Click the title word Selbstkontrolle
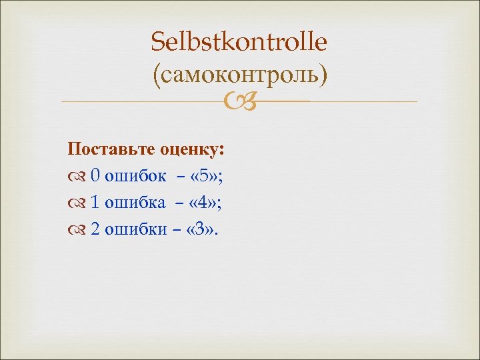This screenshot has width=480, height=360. (239, 43)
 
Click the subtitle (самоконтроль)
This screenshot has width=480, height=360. (239, 73)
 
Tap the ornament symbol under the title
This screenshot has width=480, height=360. (239, 102)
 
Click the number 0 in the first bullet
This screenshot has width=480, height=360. (95, 175)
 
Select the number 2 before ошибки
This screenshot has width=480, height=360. (95, 229)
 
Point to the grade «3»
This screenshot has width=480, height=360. (203, 229)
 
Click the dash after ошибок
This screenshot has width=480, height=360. (181, 176)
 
